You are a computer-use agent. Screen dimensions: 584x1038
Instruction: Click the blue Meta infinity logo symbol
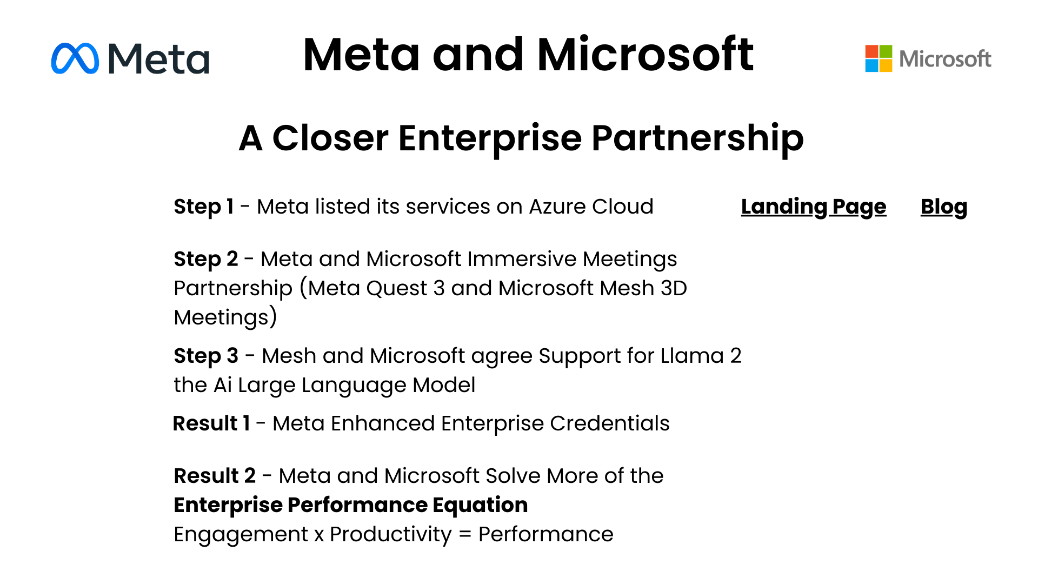click(x=75, y=58)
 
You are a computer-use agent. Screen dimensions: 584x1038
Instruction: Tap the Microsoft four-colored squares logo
click(x=879, y=58)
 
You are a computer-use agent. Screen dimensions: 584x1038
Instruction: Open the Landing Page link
click(x=814, y=207)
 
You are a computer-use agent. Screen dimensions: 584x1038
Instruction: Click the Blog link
click(x=944, y=207)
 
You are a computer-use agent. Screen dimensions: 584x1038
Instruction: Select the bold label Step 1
click(x=203, y=207)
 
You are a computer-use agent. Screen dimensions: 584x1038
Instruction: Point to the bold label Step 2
click(x=205, y=259)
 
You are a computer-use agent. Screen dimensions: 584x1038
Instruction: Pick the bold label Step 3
click(x=206, y=356)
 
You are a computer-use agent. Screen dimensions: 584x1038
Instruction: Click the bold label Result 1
click(x=211, y=423)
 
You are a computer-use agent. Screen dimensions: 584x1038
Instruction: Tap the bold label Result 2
click(x=215, y=476)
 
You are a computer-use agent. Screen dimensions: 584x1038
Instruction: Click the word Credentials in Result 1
click(x=610, y=423)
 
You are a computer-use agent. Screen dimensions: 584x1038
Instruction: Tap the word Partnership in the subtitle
click(x=697, y=138)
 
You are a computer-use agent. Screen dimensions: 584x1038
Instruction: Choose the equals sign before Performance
click(x=464, y=535)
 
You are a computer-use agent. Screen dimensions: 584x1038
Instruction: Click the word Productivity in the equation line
click(x=390, y=535)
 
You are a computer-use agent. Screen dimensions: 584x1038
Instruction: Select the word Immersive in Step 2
click(x=522, y=259)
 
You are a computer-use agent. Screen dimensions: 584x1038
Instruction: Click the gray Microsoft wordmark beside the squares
click(x=945, y=59)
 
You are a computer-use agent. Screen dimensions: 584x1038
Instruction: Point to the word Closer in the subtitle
click(x=330, y=138)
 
